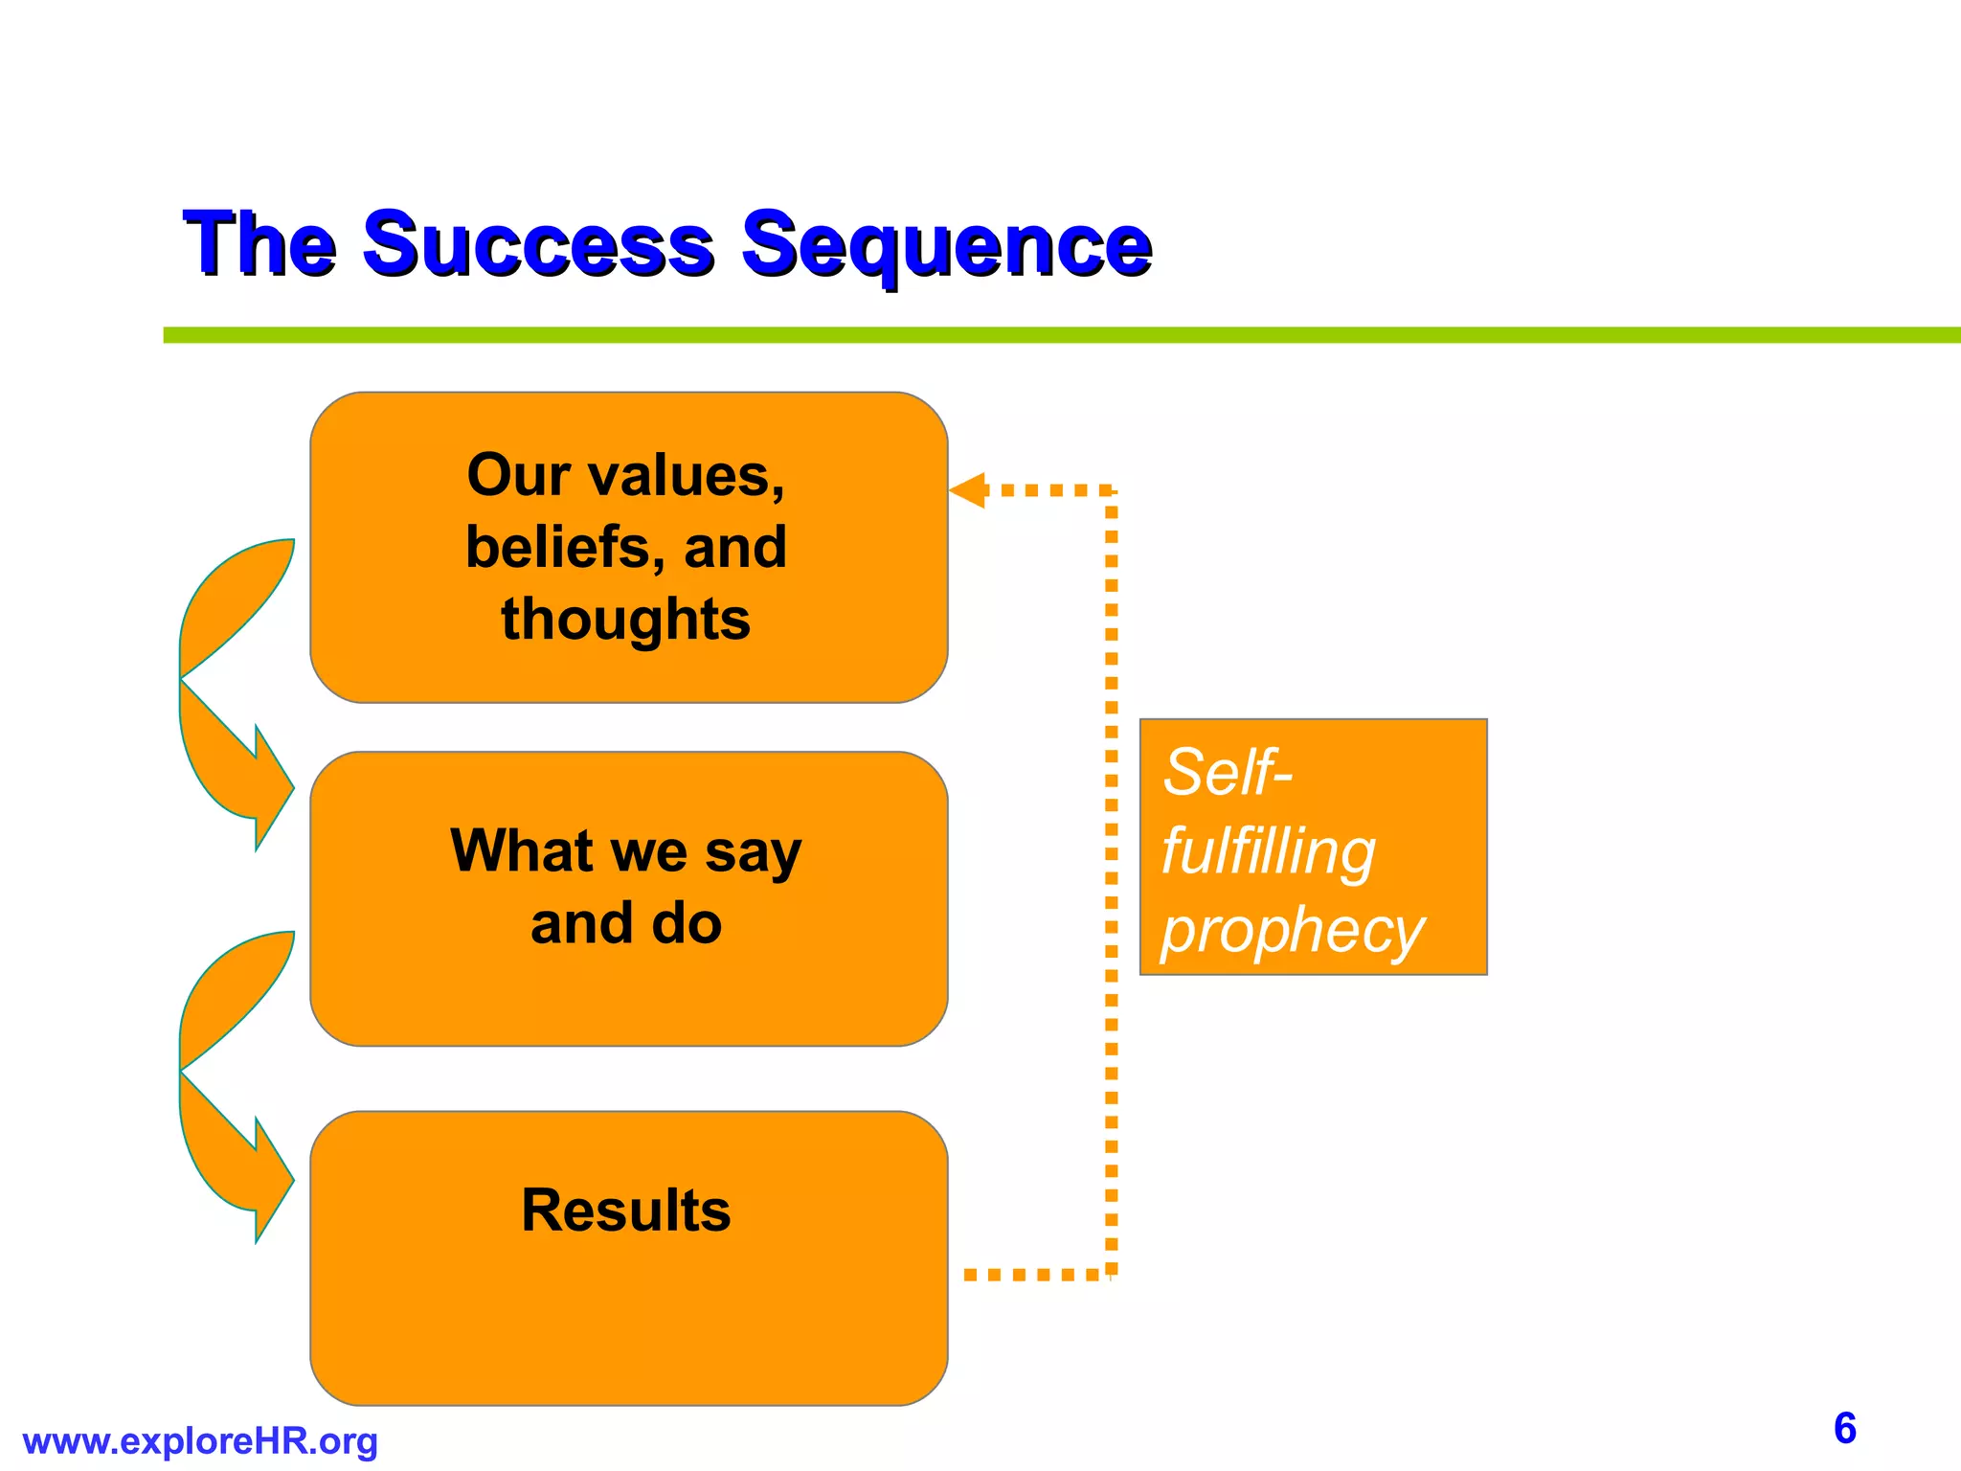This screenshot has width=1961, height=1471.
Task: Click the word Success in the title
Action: [537, 244]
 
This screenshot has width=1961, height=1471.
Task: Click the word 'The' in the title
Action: [259, 244]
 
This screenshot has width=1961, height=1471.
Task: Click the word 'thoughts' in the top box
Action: [625, 619]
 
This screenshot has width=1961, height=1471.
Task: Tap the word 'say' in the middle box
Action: [753, 851]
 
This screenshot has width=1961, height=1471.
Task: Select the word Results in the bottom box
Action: [625, 1210]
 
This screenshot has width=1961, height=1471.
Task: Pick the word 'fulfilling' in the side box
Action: [1268, 851]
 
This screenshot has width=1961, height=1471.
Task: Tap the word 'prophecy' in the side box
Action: [1292, 931]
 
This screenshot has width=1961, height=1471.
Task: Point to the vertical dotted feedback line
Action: [1112, 881]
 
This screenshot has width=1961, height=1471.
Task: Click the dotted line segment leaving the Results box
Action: [1034, 1275]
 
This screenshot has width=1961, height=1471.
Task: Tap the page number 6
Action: [1844, 1428]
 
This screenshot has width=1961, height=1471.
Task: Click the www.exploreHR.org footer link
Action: [200, 1441]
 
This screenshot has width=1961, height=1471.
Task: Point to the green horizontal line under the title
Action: [1053, 335]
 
